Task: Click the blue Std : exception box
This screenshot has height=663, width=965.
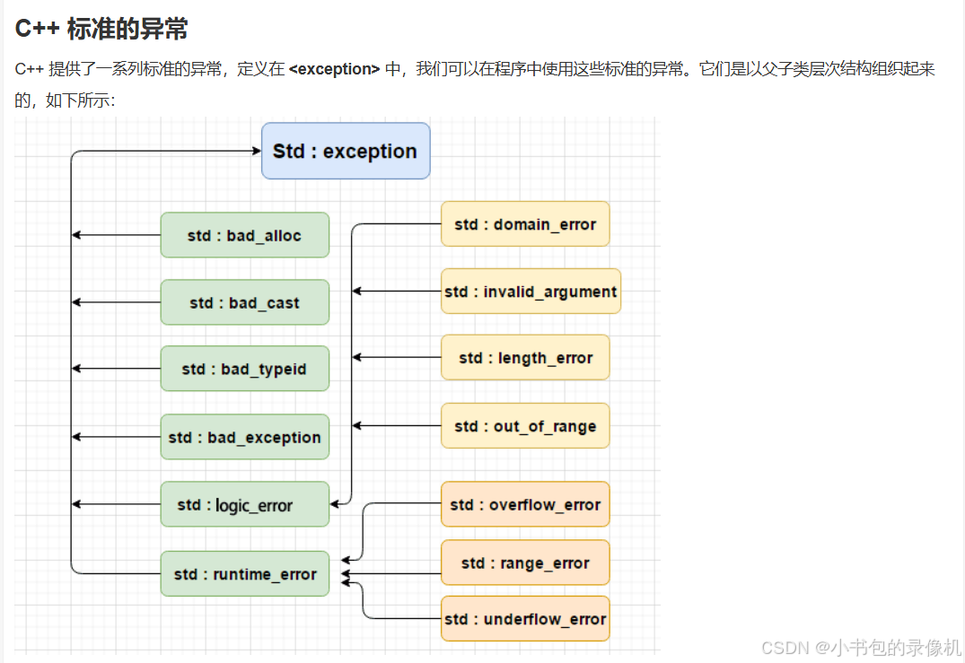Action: (346, 151)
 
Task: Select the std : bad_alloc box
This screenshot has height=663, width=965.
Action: (244, 235)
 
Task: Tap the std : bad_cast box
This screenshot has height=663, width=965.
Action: (244, 302)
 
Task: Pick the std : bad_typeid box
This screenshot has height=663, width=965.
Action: (244, 369)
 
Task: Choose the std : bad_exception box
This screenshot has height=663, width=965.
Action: (244, 437)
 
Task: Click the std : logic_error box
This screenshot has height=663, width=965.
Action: (244, 504)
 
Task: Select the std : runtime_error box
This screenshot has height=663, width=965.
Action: (244, 573)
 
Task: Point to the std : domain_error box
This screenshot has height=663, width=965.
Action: (525, 223)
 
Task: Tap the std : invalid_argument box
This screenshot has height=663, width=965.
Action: (531, 291)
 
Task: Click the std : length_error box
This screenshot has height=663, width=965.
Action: (525, 357)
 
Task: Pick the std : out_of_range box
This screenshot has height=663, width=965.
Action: (525, 425)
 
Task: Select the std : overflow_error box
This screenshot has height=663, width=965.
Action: (525, 504)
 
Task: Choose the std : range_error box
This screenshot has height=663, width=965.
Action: (525, 563)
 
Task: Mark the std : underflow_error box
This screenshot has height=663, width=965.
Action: (525, 618)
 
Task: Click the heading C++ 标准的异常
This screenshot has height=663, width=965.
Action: (101, 28)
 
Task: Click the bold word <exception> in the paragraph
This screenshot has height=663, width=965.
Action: (334, 69)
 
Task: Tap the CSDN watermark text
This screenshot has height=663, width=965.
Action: (860, 647)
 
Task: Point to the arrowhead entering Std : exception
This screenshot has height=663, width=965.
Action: (257, 151)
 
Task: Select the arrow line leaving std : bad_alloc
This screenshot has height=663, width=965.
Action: (117, 235)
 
